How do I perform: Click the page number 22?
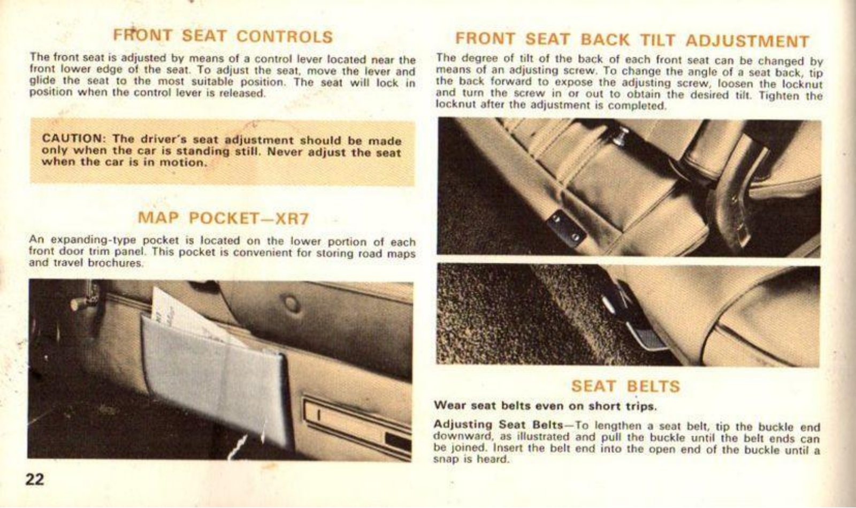tap(35, 479)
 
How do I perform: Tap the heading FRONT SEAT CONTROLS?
tap(223, 36)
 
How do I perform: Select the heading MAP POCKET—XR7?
tap(223, 218)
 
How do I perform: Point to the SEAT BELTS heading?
tap(625, 386)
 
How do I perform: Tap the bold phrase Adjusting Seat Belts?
tap(498, 424)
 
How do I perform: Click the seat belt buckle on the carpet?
tap(635, 321)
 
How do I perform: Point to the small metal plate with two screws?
tap(566, 229)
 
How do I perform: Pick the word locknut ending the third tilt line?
tap(802, 84)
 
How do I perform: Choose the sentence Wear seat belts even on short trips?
tap(545, 406)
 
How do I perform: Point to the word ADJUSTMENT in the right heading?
tap(747, 41)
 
